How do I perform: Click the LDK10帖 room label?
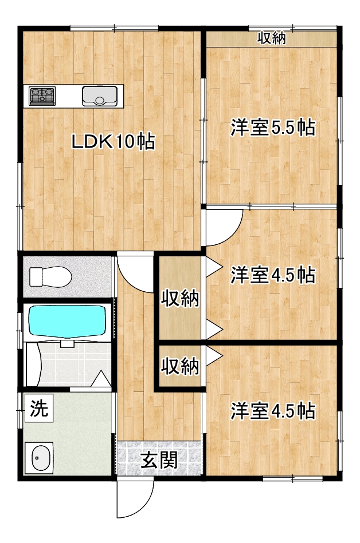[x=113, y=141]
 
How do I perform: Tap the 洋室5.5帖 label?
[x=273, y=128]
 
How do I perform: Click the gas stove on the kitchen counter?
[x=42, y=96]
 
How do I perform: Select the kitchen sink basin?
[x=100, y=96]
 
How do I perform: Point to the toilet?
[x=50, y=277]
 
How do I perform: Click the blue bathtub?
[x=68, y=320]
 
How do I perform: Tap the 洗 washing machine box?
[x=39, y=408]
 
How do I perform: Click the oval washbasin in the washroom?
[x=38, y=458]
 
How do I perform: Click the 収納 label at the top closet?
[x=272, y=38]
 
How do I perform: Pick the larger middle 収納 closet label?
[x=180, y=298]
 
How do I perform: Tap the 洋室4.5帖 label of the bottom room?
[x=273, y=411]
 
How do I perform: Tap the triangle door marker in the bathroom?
[x=101, y=379]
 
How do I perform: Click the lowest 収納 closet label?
[x=180, y=366]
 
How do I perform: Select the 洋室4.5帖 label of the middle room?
[x=273, y=275]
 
